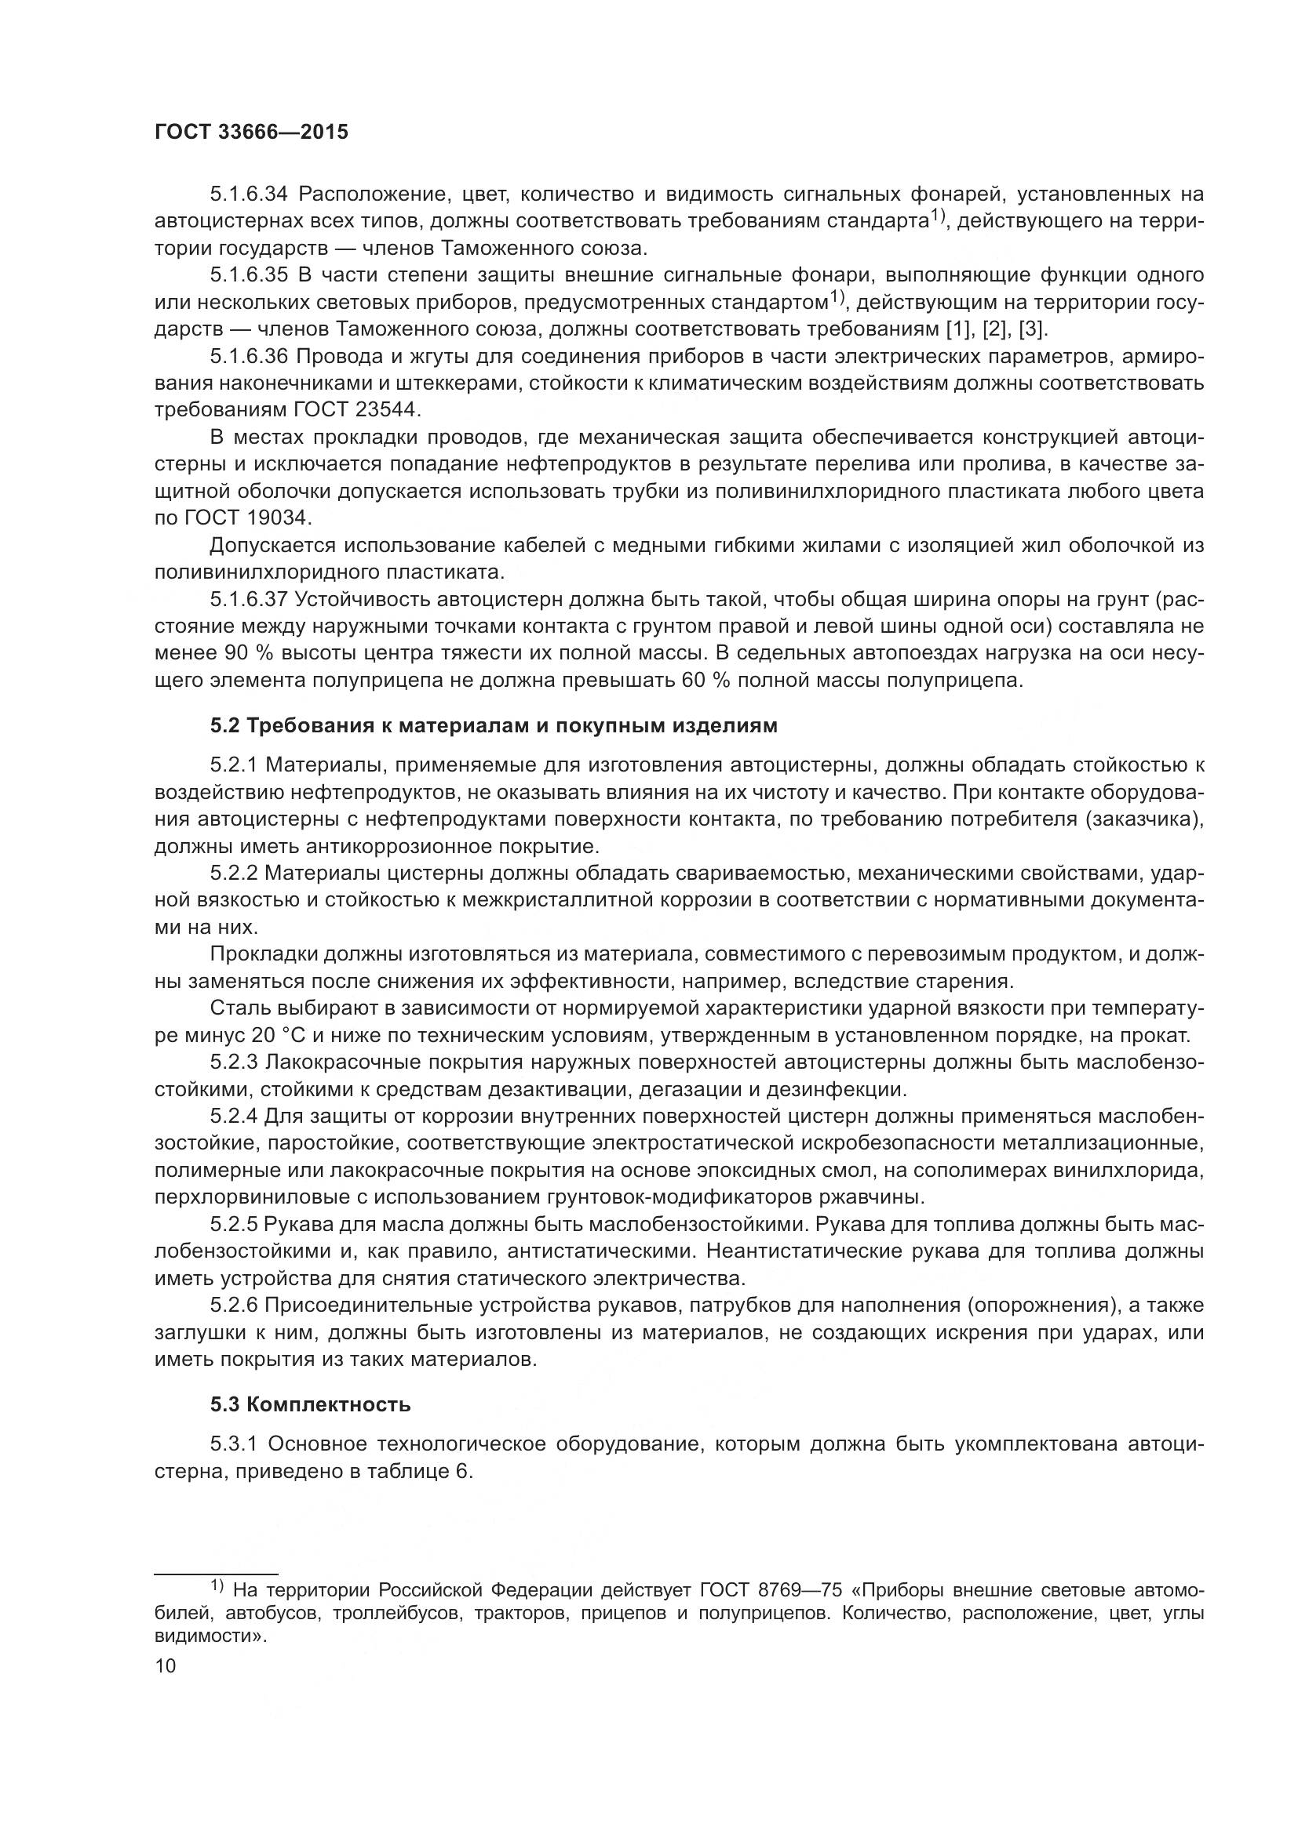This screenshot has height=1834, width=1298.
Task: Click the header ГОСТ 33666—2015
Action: tap(251, 133)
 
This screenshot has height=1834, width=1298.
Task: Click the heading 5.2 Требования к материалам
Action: tap(493, 725)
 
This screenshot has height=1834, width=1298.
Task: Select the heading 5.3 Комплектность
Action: tap(310, 1404)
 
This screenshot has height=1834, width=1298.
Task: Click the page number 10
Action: tap(166, 1666)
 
